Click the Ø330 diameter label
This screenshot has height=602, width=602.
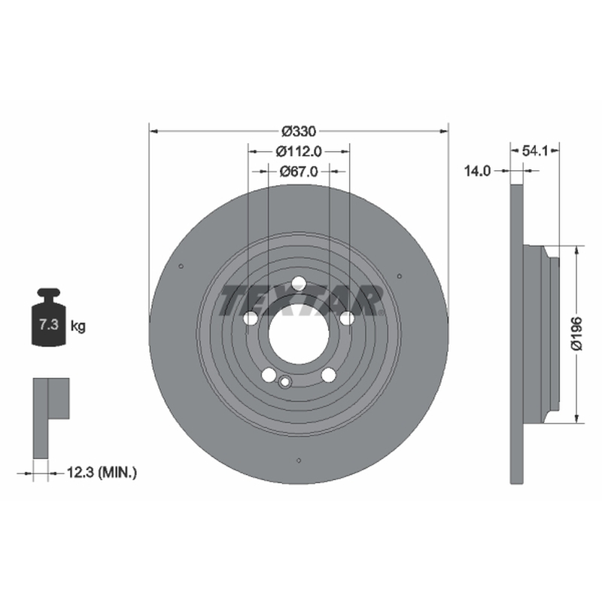pos(299,131)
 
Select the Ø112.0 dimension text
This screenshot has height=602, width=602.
pos(299,152)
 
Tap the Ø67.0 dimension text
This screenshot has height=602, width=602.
pos(299,172)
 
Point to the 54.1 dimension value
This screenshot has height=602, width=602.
pos(535,151)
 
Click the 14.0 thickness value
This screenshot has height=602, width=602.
pos(477,171)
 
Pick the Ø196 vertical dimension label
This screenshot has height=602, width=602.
pos(577,333)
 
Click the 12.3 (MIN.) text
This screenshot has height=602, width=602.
pos(102,472)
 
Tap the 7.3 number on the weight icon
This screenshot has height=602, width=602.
pos(49,325)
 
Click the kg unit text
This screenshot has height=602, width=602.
pos(78,327)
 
